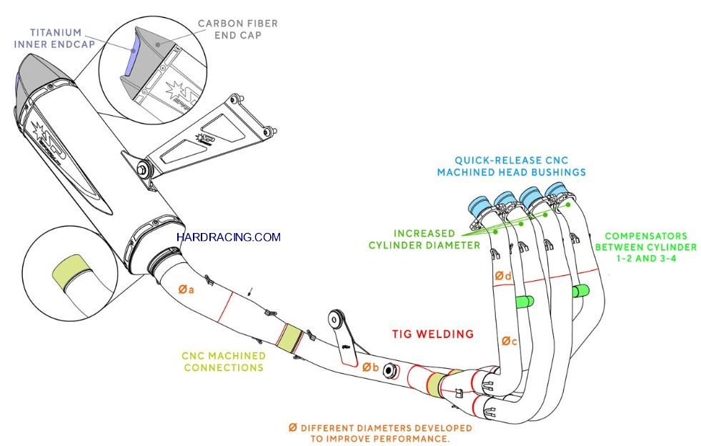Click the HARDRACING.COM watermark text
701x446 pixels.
[228, 237]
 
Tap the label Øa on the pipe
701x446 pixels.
[187, 289]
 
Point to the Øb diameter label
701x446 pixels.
[369, 367]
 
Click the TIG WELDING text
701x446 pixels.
[432, 334]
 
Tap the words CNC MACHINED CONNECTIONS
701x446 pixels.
[224, 362]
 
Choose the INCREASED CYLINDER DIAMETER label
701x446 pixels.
[424, 239]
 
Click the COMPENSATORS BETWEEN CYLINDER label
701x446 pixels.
[645, 247]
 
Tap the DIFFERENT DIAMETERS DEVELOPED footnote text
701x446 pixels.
[379, 433]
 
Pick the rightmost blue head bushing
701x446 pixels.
[557, 191]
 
